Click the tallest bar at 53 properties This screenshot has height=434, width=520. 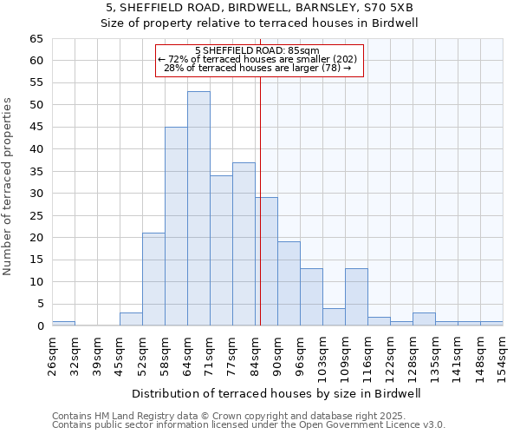pos(198,208)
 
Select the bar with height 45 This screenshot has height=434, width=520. pos(176,226)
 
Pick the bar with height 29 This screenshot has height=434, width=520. pos(266,261)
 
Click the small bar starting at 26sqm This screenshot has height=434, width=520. pos(63,324)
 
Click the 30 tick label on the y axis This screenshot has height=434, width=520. pos(36,194)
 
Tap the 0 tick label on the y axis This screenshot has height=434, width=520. pos(39,326)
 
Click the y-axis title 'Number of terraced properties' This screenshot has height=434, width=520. pos(8,187)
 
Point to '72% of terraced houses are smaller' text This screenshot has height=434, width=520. pos(258,59)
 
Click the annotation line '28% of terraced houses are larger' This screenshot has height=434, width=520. pos(258,68)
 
